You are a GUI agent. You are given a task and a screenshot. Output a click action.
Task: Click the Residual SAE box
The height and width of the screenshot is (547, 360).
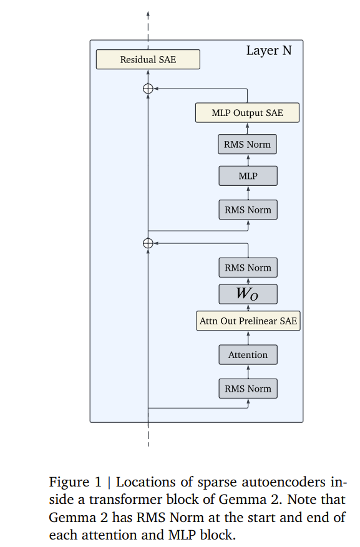(148, 59)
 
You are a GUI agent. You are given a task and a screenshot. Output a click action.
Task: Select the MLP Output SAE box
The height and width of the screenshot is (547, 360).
(247, 113)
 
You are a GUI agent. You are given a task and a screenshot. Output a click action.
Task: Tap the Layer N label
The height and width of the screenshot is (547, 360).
(269, 51)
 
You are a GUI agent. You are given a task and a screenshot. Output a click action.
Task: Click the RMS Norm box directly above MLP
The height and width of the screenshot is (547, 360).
(247, 144)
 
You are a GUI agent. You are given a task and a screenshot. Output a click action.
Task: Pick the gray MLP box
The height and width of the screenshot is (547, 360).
(248, 176)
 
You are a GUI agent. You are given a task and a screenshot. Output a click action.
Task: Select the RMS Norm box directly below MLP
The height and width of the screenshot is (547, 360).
(248, 210)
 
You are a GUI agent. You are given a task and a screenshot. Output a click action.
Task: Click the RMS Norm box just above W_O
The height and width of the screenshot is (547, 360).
(248, 268)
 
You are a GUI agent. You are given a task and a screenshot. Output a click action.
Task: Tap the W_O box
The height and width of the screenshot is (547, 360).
(248, 294)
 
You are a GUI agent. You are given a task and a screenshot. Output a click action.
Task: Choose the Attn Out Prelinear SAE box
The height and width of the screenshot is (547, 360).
(248, 321)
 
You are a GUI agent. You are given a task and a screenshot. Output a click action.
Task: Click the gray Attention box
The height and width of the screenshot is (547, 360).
(248, 355)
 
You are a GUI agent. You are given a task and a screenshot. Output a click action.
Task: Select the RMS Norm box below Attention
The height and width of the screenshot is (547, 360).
(248, 389)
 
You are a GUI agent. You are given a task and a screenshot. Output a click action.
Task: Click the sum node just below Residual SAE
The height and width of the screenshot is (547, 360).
(148, 89)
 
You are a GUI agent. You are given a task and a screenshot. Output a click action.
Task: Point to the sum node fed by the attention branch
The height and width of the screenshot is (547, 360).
(148, 243)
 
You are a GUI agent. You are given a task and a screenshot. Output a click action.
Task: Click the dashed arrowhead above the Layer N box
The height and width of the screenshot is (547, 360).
(148, 14)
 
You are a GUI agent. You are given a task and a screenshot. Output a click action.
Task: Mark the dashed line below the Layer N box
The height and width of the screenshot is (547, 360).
(148, 434)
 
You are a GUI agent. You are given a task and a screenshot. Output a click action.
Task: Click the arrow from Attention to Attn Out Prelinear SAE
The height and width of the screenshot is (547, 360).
(248, 337)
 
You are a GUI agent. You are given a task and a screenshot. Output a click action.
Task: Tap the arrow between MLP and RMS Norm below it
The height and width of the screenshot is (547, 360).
(248, 193)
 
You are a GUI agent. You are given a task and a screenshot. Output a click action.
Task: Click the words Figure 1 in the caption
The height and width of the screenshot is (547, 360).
(75, 482)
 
